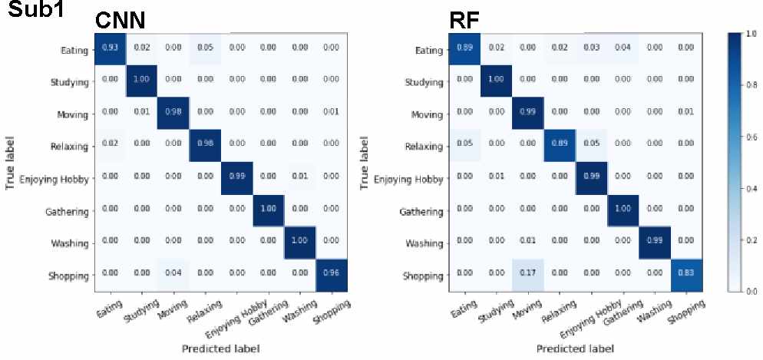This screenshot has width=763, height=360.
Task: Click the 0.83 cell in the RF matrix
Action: (x=679, y=275)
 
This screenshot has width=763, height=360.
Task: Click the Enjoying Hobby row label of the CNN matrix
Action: (x=56, y=179)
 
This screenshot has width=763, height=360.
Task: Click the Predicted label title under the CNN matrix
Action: (x=220, y=348)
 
